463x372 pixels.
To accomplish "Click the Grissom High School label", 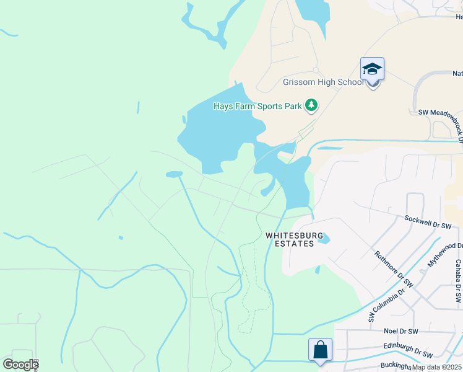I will point(314,82).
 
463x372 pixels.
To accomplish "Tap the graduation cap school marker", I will point(372,69).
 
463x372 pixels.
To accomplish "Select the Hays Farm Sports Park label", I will point(257,106).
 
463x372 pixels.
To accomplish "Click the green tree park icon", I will point(311,106).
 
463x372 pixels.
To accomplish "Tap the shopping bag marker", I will point(321,350).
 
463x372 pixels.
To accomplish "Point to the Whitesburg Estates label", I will point(290,239).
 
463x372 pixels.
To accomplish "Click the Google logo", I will point(20,365).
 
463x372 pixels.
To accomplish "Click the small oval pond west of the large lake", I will point(174,174).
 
